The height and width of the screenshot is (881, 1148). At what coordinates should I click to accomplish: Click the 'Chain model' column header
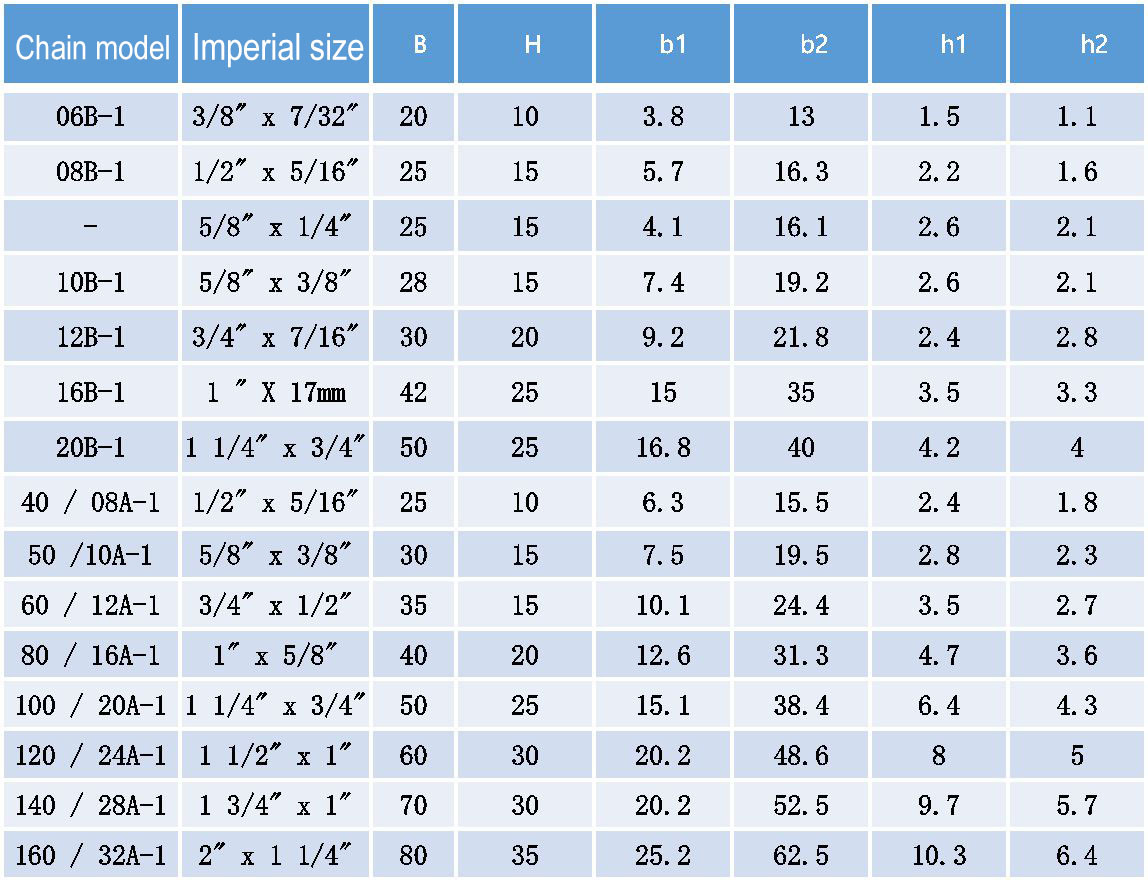[x=92, y=48]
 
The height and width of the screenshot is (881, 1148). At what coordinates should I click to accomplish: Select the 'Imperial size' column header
[x=277, y=48]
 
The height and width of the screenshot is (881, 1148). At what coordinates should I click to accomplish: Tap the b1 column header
[x=673, y=45]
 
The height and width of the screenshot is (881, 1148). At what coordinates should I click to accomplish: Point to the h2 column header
[x=1094, y=45]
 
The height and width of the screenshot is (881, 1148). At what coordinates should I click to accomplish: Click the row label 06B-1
[x=90, y=116]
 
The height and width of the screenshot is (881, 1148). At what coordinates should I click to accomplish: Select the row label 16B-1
[x=90, y=393]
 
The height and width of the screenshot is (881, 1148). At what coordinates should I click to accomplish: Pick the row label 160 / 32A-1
[x=90, y=855]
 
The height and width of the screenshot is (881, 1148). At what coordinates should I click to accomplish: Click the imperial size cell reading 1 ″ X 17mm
[x=276, y=393]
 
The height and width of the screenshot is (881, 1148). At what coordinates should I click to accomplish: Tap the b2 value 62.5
[x=801, y=855]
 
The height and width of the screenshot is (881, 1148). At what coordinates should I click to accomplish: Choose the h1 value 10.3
[x=939, y=855]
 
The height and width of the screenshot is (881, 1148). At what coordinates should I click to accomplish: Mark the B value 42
[x=414, y=393]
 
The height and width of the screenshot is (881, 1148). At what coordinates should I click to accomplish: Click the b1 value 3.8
[x=663, y=116]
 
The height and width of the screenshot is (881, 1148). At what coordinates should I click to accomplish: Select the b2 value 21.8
[x=801, y=338]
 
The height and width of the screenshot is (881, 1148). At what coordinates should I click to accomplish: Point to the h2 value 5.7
[x=1077, y=806]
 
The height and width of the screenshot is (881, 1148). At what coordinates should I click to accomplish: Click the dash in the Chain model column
[x=90, y=226]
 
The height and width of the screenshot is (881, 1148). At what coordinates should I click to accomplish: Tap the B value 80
[x=414, y=855]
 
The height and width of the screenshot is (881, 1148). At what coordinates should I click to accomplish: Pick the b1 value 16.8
[x=663, y=447]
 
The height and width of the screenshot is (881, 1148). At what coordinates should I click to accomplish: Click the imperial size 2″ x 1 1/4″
[x=275, y=855]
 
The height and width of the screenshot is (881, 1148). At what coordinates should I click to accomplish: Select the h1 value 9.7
[x=939, y=806]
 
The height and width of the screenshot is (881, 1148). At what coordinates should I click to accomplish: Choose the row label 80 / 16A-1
[x=90, y=655]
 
